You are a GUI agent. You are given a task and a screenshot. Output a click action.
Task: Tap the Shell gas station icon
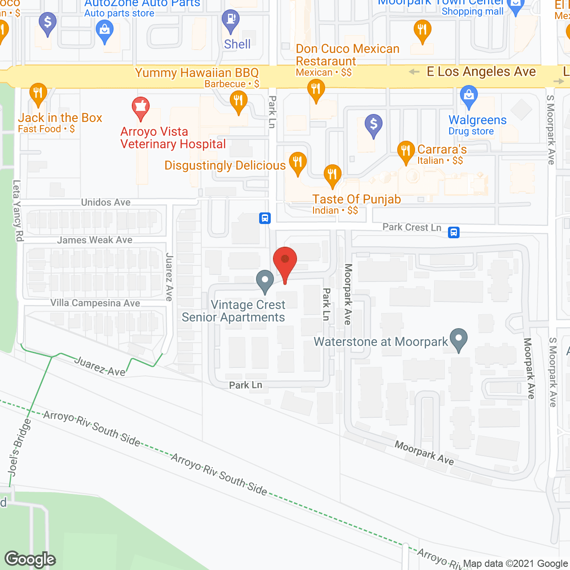[x=231, y=20]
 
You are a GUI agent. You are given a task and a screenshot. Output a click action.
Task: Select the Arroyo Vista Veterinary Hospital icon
[x=141, y=107]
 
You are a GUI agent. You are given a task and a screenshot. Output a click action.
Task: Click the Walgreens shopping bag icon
[x=468, y=96]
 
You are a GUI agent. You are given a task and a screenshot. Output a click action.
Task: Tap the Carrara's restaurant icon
[x=406, y=151]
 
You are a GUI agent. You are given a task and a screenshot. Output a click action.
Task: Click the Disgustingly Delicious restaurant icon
[x=297, y=162]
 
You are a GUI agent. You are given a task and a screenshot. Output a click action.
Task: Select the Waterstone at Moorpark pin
[x=458, y=339]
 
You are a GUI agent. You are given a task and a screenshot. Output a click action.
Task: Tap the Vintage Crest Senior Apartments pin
[x=265, y=281]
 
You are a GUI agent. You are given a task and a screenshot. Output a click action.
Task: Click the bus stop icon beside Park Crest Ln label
[x=454, y=232]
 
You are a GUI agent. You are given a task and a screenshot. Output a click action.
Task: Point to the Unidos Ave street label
[x=106, y=203]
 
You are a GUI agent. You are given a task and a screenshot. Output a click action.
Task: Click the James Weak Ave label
[x=95, y=240]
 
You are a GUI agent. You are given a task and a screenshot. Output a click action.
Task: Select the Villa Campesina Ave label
[x=95, y=303]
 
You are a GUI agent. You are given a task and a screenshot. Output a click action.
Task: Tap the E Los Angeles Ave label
[x=481, y=72]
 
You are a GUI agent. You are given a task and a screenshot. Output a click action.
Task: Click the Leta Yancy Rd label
[x=17, y=211]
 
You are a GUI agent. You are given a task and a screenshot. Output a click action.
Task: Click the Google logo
[x=30, y=559]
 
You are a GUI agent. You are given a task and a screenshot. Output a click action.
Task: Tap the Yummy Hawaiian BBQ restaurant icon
[x=239, y=101]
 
